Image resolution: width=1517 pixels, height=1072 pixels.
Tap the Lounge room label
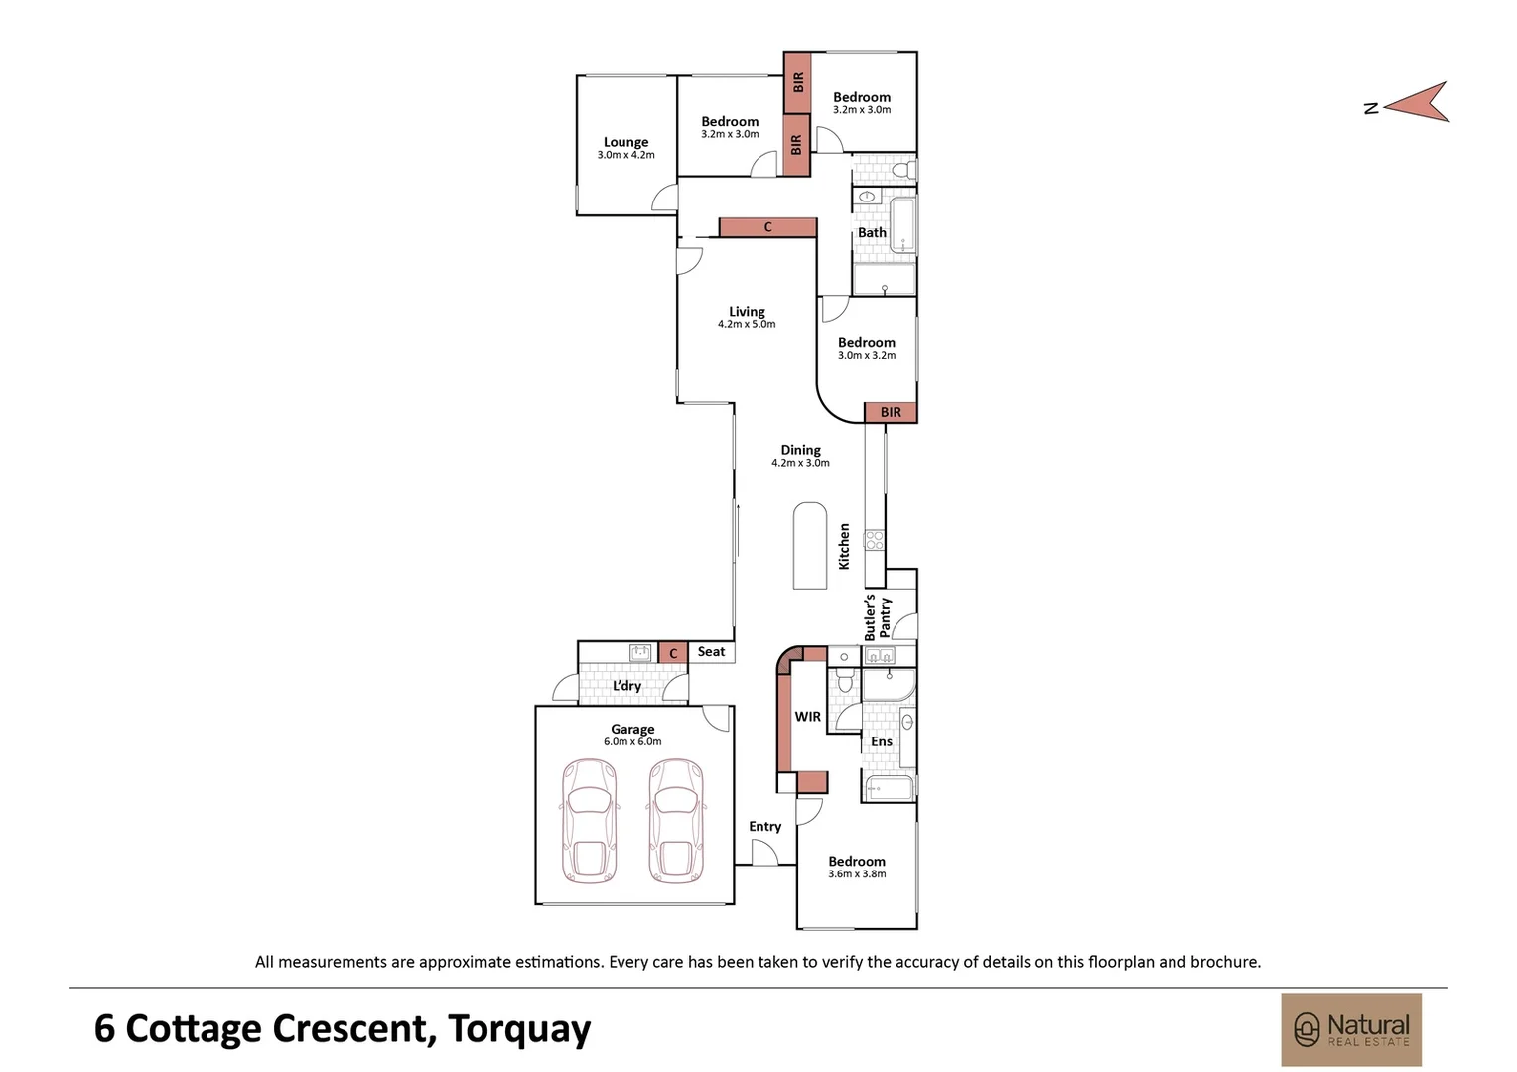tap(625, 142)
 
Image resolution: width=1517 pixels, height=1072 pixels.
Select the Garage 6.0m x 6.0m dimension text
tap(632, 741)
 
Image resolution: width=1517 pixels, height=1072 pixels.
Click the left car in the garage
tap(589, 822)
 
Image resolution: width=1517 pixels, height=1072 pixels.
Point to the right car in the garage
tap(676, 822)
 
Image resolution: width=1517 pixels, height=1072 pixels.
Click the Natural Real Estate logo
tap(1351, 1029)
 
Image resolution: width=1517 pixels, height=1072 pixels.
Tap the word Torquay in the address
tap(519, 1029)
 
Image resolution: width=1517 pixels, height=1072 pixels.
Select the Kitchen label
tap(844, 546)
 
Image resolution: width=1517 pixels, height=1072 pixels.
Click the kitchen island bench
tap(810, 546)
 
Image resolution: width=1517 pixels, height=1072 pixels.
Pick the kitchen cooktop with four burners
tap(874, 540)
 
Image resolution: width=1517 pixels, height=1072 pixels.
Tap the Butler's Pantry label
tap(877, 617)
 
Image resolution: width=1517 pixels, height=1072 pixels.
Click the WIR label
tap(808, 716)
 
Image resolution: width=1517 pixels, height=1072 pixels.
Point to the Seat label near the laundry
tap(711, 651)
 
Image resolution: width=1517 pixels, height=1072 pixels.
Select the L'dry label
tap(627, 686)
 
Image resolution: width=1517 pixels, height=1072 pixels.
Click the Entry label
tap(765, 826)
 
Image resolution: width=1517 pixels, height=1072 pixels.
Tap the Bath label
tap(873, 232)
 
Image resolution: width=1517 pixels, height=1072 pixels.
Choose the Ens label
tap(881, 741)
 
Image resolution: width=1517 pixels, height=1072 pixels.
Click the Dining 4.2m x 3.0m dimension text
tap(800, 463)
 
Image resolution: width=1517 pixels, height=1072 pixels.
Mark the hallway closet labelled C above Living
tap(768, 227)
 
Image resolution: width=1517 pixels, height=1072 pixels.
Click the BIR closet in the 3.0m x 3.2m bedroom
tap(891, 412)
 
